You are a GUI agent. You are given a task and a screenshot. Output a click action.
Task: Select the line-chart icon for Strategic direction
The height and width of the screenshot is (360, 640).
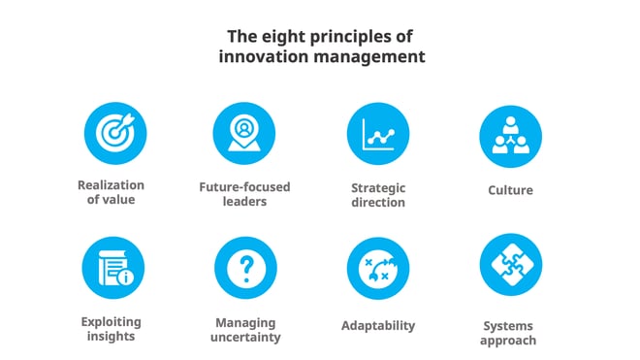click(377, 136)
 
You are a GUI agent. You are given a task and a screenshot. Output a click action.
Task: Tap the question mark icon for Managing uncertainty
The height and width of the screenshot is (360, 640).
click(244, 268)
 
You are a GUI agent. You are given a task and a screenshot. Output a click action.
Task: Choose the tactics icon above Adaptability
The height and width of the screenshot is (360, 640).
click(377, 268)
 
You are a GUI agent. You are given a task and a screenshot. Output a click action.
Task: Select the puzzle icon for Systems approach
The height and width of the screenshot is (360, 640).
click(510, 267)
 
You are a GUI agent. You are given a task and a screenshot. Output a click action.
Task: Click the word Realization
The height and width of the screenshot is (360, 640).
click(112, 185)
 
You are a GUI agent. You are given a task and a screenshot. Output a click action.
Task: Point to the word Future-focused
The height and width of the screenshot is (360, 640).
click(244, 186)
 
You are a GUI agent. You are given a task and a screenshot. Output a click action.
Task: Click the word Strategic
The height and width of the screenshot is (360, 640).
click(378, 187)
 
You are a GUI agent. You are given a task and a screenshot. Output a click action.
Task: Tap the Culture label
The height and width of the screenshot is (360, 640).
click(510, 190)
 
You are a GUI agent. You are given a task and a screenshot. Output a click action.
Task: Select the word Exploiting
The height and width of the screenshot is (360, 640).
click(112, 321)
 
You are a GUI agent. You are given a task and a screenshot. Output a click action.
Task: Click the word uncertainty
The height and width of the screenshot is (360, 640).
click(244, 337)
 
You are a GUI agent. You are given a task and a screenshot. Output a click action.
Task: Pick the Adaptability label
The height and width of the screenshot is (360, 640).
click(378, 325)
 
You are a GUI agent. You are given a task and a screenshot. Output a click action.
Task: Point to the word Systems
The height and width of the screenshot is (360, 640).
click(510, 325)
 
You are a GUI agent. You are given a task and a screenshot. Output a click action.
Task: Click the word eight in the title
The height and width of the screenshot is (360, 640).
click(281, 37)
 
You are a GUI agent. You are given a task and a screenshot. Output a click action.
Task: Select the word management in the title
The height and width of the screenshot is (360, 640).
click(372, 57)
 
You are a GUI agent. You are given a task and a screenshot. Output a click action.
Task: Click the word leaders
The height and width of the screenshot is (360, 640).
click(244, 201)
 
